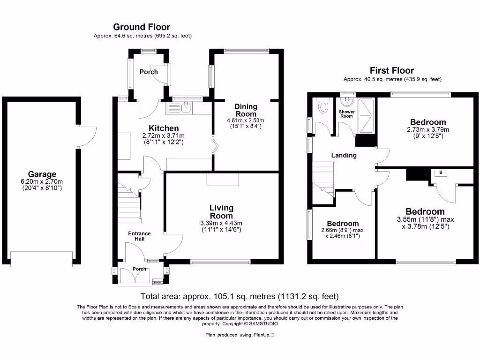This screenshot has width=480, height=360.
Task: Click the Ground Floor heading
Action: (142, 27)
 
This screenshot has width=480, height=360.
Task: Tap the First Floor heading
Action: (392, 71)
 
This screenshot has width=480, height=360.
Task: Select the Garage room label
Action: (41, 174)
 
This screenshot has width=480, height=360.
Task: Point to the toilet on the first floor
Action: (322, 106)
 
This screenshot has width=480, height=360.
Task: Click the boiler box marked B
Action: (441, 172)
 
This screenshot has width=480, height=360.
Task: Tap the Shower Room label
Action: (347, 114)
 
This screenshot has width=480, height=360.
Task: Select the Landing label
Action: (344, 155)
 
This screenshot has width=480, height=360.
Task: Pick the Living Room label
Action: (221, 211)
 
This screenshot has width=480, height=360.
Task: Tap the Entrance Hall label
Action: (140, 236)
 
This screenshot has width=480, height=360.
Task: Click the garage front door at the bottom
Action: (42, 258)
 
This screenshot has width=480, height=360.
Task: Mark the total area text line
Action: (240, 296)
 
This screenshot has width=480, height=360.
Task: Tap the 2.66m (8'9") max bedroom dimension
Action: (342, 230)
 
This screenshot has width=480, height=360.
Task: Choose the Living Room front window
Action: (220, 262)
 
